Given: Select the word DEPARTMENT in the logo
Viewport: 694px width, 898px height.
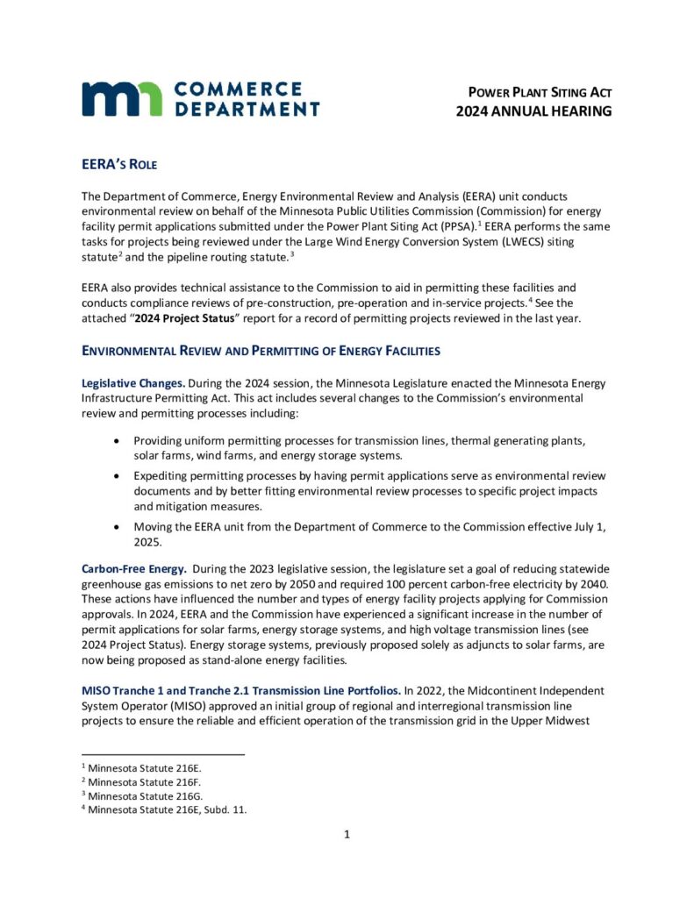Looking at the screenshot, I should pos(247,110).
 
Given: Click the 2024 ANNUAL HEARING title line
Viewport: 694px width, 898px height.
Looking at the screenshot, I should pos(533,111).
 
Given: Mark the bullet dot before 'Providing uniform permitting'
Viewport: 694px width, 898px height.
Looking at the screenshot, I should pos(118,440).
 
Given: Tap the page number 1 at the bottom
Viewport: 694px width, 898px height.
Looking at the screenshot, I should pos(347,834).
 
